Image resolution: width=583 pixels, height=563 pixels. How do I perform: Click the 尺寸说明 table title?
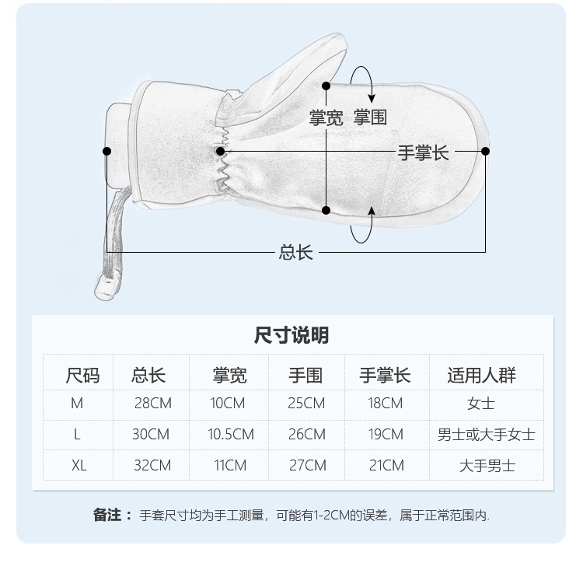291,335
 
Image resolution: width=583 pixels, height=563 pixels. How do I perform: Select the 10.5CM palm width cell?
231,435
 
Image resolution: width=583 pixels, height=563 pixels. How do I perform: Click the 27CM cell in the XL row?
307,466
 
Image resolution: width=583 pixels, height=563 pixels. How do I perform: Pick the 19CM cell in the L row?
386,435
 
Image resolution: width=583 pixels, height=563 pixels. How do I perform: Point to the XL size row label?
79,466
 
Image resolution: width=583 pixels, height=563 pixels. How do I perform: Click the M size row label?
77,404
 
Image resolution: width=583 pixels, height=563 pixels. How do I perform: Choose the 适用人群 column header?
481,376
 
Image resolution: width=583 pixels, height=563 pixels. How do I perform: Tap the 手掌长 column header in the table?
384,376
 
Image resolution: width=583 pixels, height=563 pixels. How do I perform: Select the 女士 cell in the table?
481,404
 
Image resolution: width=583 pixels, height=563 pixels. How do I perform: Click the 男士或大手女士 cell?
486,435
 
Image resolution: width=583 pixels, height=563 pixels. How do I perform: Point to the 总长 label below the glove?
295,252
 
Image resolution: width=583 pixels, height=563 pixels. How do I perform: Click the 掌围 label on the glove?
370,117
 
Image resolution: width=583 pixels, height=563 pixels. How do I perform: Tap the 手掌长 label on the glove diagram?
424,152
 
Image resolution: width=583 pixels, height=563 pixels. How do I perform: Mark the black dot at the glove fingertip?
486,152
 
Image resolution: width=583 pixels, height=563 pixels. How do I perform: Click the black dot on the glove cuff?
107,151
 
